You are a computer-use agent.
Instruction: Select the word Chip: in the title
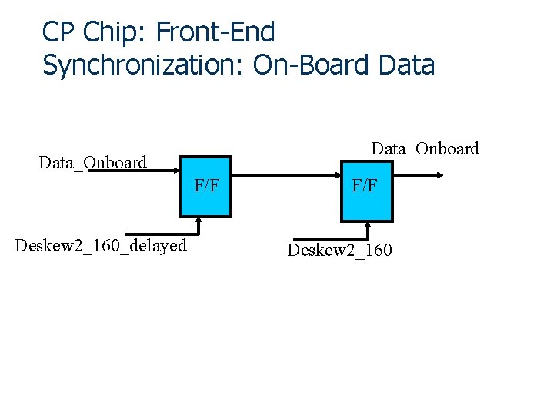[114, 32]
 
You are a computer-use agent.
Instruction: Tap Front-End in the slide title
[215, 32]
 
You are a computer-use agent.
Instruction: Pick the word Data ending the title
[407, 65]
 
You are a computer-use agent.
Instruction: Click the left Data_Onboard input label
[92, 163]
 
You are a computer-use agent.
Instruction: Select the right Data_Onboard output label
[425, 148]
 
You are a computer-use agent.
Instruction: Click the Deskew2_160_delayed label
[101, 246]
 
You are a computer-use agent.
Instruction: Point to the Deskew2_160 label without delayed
[339, 251]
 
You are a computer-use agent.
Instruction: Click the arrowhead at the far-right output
[439, 175]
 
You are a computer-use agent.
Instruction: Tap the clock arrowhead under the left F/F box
[199, 220]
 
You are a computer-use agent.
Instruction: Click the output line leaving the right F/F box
[415, 175]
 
